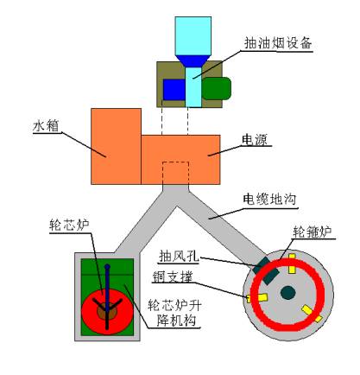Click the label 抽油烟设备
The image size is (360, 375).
coord(278,43)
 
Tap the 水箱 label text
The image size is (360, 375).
coord(46,126)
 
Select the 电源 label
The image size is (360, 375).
coord(255,140)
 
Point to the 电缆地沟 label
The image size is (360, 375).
coord(269,200)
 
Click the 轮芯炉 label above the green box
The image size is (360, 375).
coord(69,225)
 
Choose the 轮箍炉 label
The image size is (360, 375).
coord(313,232)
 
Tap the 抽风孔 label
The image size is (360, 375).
coord(180,256)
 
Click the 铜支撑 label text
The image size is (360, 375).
coord(173,277)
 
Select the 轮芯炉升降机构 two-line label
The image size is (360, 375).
coord(174,313)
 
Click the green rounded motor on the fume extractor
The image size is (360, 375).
coord(217,88)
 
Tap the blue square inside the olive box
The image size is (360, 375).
coord(174,90)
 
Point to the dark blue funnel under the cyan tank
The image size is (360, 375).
coord(193,61)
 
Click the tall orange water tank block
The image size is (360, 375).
coord(116,146)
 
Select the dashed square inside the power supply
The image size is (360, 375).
coord(176,173)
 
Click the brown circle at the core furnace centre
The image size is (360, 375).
coord(107,312)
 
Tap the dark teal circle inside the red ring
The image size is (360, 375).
coord(288,293)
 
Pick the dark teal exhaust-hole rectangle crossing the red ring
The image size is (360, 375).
coord(265,270)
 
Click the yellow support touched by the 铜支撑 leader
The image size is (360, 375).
coord(257,298)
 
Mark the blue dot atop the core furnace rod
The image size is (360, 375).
coord(107,267)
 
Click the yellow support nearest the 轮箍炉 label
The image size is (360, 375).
coord(292,264)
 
